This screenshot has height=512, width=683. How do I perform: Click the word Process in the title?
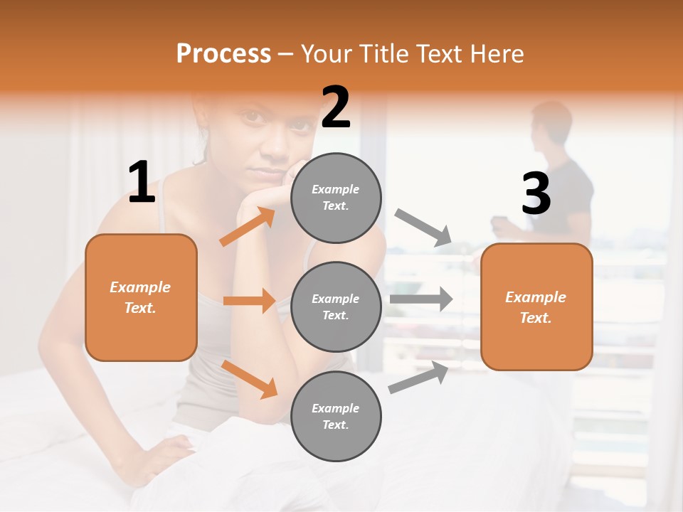pos(223,53)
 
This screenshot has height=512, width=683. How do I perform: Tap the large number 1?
pos(142,183)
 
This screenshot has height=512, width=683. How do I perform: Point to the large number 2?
pos(336,108)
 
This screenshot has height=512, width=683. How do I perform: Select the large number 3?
pos(536,194)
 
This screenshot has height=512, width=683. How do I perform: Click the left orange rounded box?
pos(141,297)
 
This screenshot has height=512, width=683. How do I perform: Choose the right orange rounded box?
pos(536,307)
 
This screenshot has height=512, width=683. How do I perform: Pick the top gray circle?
pos(336,198)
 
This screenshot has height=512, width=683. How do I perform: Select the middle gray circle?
pos(336,306)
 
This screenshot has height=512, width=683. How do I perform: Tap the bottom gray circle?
pos(336,416)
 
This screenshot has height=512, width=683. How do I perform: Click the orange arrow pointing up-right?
pos(248,227)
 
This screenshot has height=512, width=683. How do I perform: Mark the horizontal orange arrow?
pos(249,301)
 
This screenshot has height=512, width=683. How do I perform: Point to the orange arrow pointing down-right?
pos(249,378)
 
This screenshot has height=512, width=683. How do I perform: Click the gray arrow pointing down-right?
pos(424,228)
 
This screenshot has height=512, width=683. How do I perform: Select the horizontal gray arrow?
pos(421,299)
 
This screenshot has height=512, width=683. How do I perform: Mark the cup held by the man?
pos(498,222)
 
